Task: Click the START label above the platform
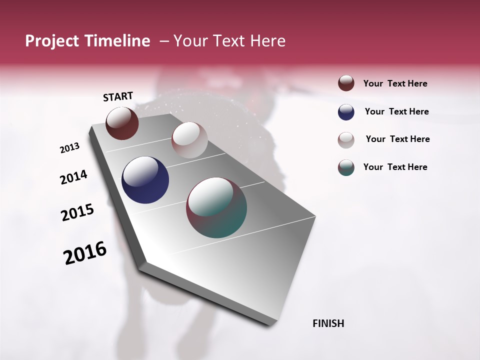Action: (x=118, y=96)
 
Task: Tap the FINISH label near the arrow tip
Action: (x=328, y=323)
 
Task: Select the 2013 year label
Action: (x=69, y=148)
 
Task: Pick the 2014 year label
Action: (x=73, y=177)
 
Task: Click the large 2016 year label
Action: (x=85, y=253)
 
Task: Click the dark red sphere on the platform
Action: (x=122, y=123)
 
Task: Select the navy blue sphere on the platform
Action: (x=145, y=180)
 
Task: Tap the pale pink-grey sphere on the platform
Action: (x=189, y=140)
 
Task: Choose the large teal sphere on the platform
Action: (x=216, y=207)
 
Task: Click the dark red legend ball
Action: (x=346, y=83)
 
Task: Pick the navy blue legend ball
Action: (x=346, y=112)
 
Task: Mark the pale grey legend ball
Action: (x=346, y=140)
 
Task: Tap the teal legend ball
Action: (x=346, y=167)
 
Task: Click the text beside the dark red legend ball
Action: (x=395, y=83)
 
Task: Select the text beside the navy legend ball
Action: (x=396, y=111)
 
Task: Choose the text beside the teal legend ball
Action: (x=395, y=167)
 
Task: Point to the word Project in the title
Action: (x=52, y=41)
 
